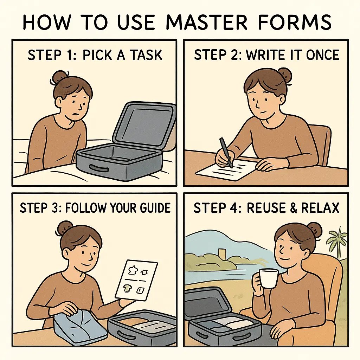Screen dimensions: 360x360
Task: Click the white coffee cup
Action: (269, 279)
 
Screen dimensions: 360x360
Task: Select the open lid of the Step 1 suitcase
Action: (144, 123)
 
